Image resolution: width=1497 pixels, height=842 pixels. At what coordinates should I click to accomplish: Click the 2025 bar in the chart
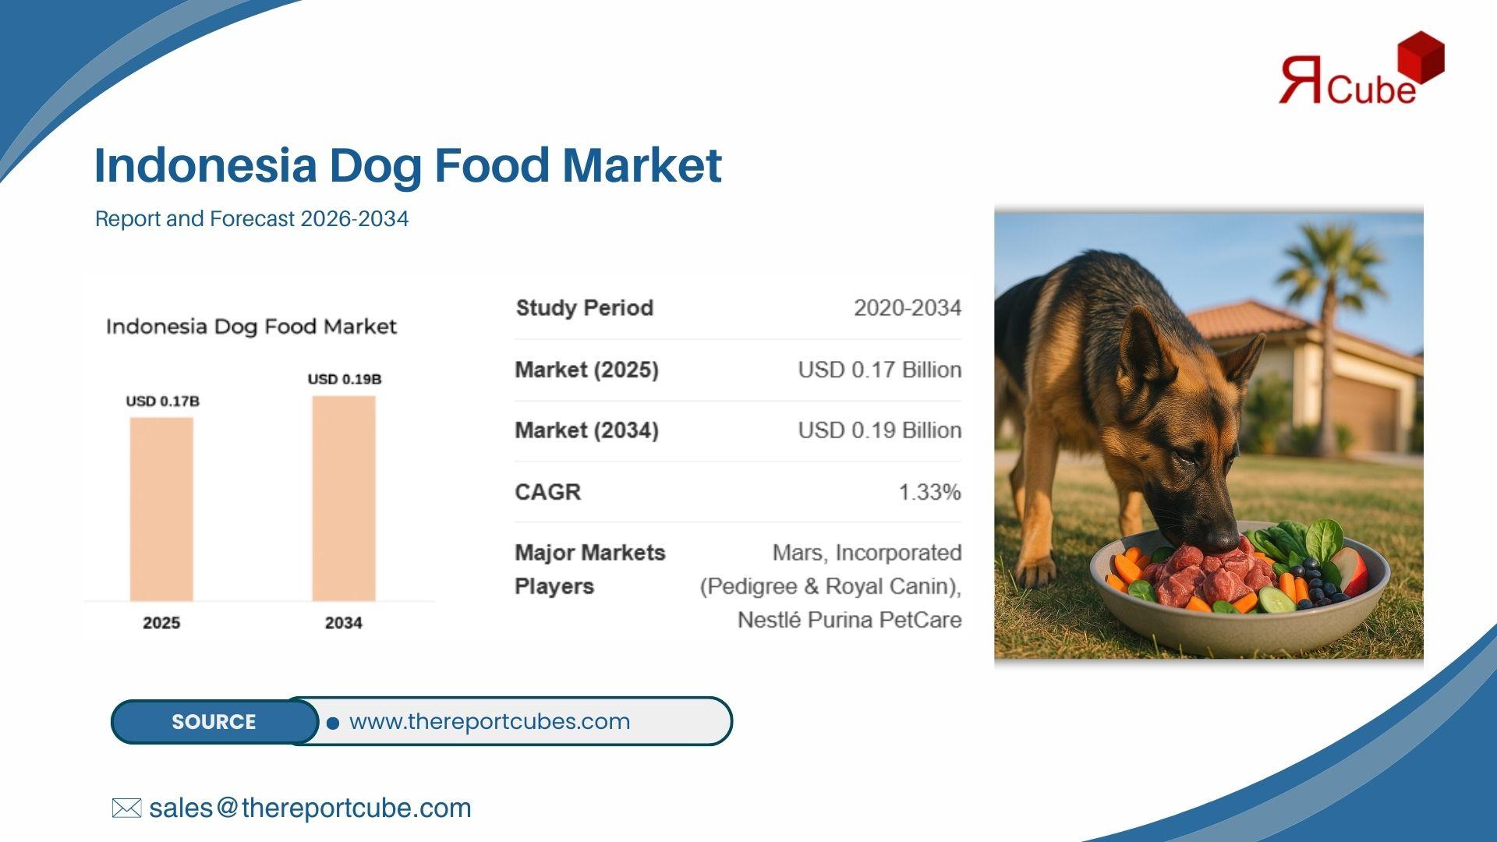click(161, 509)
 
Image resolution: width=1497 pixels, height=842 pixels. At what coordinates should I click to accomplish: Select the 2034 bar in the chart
click(344, 499)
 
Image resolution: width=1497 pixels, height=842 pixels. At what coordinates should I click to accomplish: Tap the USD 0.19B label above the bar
click(345, 380)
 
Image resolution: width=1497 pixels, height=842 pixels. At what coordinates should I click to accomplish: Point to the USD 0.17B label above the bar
click(162, 402)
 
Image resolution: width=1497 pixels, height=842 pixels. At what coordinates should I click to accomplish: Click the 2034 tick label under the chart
click(344, 623)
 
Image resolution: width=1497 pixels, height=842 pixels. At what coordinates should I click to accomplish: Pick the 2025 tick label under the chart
click(161, 623)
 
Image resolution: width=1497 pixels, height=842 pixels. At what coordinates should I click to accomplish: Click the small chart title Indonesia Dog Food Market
click(251, 327)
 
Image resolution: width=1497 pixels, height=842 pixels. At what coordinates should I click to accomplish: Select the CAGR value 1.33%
click(929, 492)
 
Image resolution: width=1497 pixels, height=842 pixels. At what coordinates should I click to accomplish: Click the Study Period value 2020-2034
click(908, 308)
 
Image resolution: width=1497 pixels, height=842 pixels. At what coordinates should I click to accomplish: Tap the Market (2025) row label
click(586, 370)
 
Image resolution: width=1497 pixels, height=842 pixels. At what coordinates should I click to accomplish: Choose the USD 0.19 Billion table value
click(879, 430)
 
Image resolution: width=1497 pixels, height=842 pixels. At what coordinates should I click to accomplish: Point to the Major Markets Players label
click(590, 569)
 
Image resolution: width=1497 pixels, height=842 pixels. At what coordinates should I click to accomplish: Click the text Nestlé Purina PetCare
click(849, 620)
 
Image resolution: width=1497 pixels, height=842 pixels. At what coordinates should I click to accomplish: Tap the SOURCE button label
click(214, 722)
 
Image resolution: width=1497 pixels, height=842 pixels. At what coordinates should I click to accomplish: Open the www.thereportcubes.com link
click(490, 721)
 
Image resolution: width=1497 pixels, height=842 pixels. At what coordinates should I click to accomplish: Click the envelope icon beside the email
click(126, 808)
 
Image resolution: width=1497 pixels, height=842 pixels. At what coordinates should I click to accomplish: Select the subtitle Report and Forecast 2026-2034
click(252, 219)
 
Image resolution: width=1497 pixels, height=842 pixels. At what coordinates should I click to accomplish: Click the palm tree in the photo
click(1324, 327)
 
